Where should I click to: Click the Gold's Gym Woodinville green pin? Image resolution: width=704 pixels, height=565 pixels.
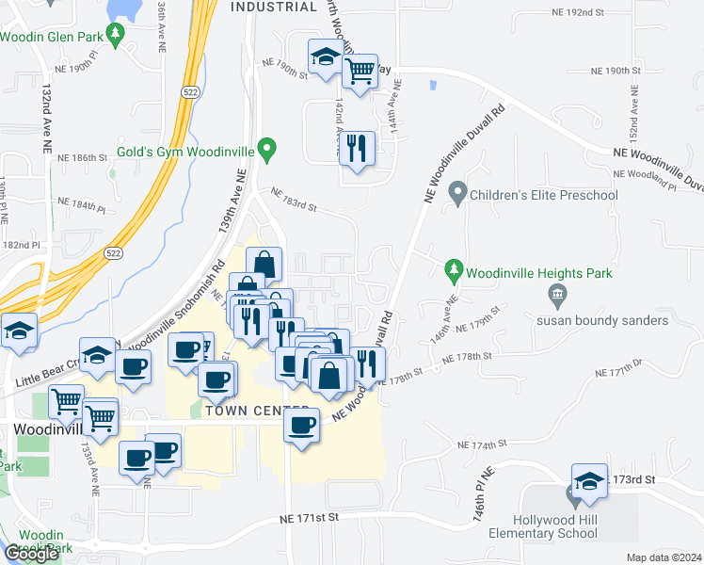(267, 149)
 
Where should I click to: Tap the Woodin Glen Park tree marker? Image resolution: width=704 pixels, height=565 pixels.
(116, 35)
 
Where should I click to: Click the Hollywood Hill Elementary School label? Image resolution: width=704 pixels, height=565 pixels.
(555, 526)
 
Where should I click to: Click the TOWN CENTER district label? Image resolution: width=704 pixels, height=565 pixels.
(239, 412)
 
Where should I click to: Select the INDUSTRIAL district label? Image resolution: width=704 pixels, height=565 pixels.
(274, 8)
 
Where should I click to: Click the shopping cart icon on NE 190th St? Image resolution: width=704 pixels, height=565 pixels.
(360, 71)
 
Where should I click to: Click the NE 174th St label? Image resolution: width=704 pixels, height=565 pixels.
(482, 444)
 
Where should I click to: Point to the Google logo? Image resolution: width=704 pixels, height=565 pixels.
(32, 554)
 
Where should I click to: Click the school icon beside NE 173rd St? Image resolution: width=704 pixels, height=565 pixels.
(588, 480)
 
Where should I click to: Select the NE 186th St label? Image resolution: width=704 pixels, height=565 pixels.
(83, 157)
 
